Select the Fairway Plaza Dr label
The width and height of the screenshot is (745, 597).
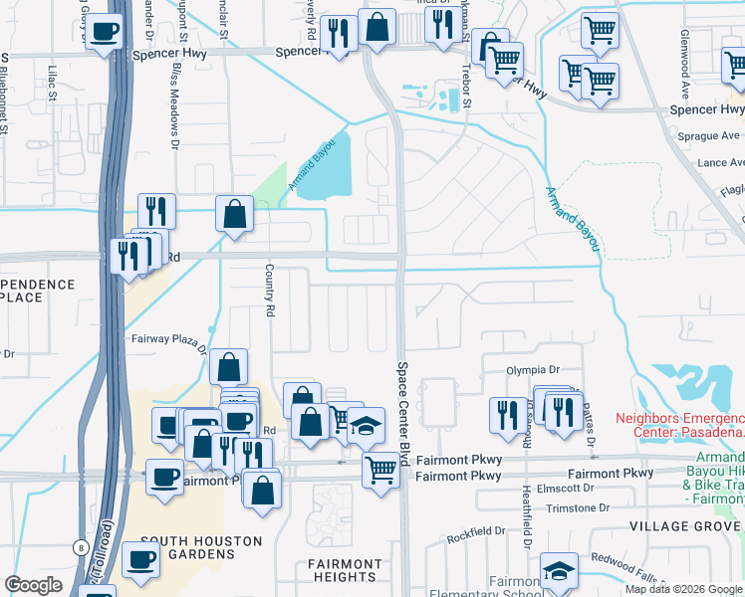point(169,338)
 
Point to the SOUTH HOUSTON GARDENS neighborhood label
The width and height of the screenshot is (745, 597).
point(201,548)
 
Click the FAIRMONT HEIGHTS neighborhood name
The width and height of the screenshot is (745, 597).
point(345,570)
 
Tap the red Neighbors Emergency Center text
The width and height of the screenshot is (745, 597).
point(679,425)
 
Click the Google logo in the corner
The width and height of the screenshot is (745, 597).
point(34,585)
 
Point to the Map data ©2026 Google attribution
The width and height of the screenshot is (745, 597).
point(683,589)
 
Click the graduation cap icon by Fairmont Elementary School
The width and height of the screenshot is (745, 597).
point(559,571)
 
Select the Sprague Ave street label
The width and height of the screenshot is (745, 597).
point(698,135)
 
